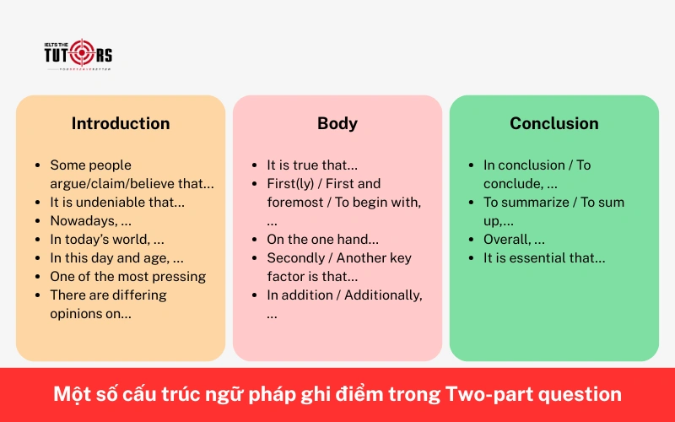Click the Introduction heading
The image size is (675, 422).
pyautogui.click(x=121, y=123)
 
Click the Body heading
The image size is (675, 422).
pyautogui.click(x=337, y=123)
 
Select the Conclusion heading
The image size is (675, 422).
pyautogui.click(x=554, y=123)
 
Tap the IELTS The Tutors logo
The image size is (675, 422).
pyautogui.click(x=78, y=54)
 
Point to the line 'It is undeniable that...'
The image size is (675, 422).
pyautogui.click(x=117, y=202)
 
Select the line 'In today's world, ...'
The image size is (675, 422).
pyautogui.click(x=107, y=239)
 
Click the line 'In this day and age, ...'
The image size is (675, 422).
pyautogui.click(x=116, y=257)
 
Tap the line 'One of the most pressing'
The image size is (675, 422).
pyautogui.click(x=127, y=276)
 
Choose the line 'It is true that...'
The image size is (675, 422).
pyautogui.click(x=312, y=165)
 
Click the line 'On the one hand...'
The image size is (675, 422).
pyautogui.click(x=322, y=239)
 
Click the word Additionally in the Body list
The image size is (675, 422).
pyautogui.click(x=384, y=295)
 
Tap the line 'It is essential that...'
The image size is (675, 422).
pyautogui.click(x=544, y=257)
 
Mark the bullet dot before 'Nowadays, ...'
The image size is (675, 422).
pyautogui.click(x=39, y=220)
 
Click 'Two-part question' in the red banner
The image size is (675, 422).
pyautogui.click(x=533, y=394)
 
